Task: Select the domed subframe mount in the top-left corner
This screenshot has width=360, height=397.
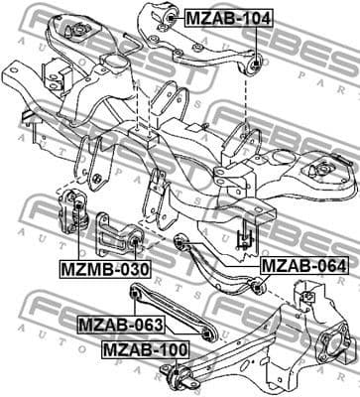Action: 71,28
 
